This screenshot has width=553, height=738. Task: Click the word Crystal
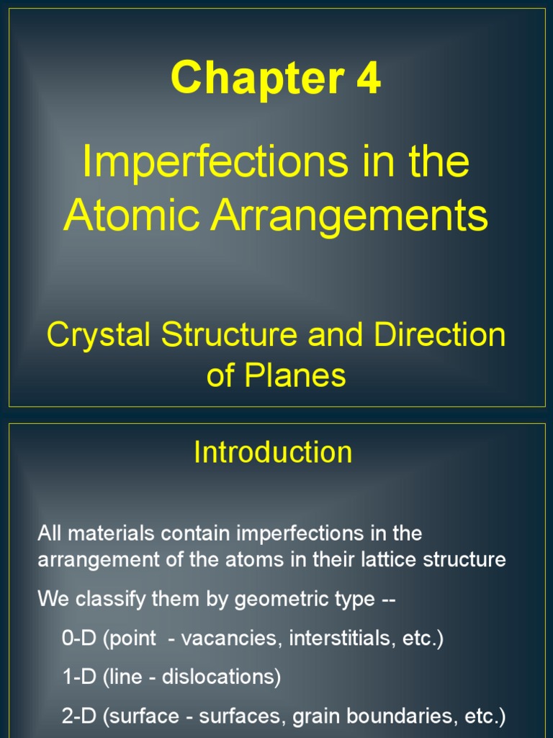tap(99, 336)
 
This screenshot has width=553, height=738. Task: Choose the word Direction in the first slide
tap(439, 336)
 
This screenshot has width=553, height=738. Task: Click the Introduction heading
tap(273, 452)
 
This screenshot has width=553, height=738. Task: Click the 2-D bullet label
tap(79, 717)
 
